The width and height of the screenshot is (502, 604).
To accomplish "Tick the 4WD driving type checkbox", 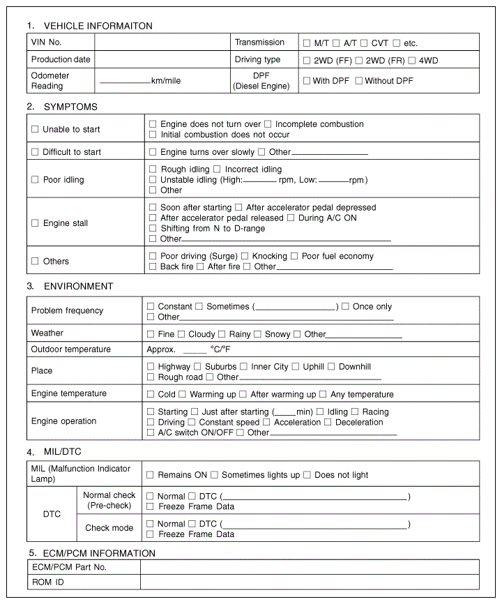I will (412, 61).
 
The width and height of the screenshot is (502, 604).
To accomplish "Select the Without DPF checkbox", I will (358, 81).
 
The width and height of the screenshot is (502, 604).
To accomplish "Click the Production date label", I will (61, 60).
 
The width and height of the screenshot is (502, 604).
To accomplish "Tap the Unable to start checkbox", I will (36, 130).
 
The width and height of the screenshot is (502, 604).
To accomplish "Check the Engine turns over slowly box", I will (153, 152).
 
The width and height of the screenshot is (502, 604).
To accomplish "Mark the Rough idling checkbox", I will (153, 169).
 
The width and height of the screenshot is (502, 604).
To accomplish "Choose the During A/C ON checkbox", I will (291, 218).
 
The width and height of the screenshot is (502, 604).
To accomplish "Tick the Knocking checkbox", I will (245, 257).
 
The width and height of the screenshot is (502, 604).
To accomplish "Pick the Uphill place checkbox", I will (296, 367).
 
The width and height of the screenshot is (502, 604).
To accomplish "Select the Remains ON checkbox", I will (150, 475).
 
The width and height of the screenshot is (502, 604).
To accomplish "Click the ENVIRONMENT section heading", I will (78, 287).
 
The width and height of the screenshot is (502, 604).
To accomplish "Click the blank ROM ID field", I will (310, 582).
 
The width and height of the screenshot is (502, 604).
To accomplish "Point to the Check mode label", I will (109, 528).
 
